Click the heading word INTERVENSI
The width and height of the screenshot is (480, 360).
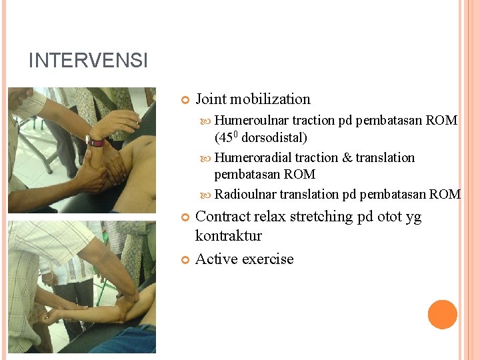tap(88, 61)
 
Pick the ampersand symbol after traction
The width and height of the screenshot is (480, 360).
tap(347, 158)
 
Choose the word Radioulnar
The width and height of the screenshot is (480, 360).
tap(245, 195)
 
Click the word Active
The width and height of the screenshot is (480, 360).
tap(216, 259)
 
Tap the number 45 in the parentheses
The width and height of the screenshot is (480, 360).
tap(225, 138)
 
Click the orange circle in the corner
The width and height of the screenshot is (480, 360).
tap(442, 315)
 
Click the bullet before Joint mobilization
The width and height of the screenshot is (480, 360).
tap(185, 100)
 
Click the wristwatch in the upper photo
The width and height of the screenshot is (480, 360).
tap(97, 142)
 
